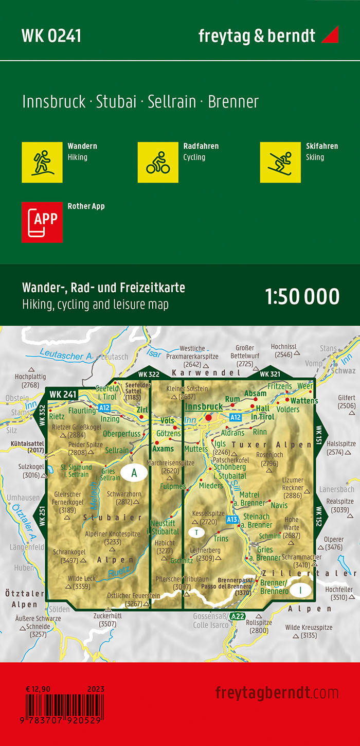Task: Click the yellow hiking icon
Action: pyautogui.click(x=42, y=162)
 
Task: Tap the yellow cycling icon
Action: pyautogui.click(x=158, y=162)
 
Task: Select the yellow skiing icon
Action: pyautogui.click(x=280, y=162)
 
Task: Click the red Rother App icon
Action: pyautogui.click(x=42, y=222)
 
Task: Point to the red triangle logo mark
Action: pyautogui.click(x=330, y=34)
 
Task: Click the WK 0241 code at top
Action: pyautogui.click(x=51, y=35)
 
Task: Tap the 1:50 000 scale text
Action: pyautogui.click(x=302, y=297)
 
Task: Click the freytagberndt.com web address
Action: pyautogui.click(x=277, y=692)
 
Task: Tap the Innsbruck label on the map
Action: pyautogui.click(x=204, y=406)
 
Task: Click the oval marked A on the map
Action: pyautogui.click(x=134, y=473)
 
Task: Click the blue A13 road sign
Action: pyautogui.click(x=232, y=520)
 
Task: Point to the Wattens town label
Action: pyautogui.click(x=304, y=400)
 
